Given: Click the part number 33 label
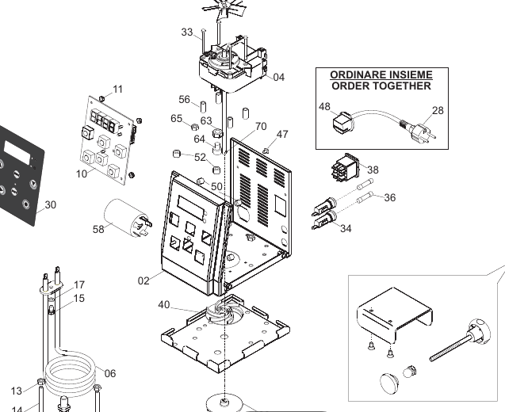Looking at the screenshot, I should [x=186, y=32].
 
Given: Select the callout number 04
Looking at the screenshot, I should [x=278, y=77].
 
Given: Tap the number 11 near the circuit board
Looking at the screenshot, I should [x=117, y=89].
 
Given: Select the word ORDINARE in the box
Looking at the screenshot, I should [x=354, y=74].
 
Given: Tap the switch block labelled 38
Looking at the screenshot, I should [x=346, y=171].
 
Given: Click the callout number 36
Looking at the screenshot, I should [x=388, y=198].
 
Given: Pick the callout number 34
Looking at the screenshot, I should [x=345, y=229].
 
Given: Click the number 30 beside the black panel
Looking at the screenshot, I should [x=50, y=204].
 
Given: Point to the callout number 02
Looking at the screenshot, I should [x=143, y=280].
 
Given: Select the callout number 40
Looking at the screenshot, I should [x=164, y=305].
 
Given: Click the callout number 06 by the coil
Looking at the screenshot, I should [x=109, y=373].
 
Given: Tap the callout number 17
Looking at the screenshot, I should [x=78, y=284].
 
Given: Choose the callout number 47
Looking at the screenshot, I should [x=282, y=135].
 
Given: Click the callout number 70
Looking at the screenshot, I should [x=260, y=127].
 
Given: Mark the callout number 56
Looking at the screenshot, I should [x=184, y=100].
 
